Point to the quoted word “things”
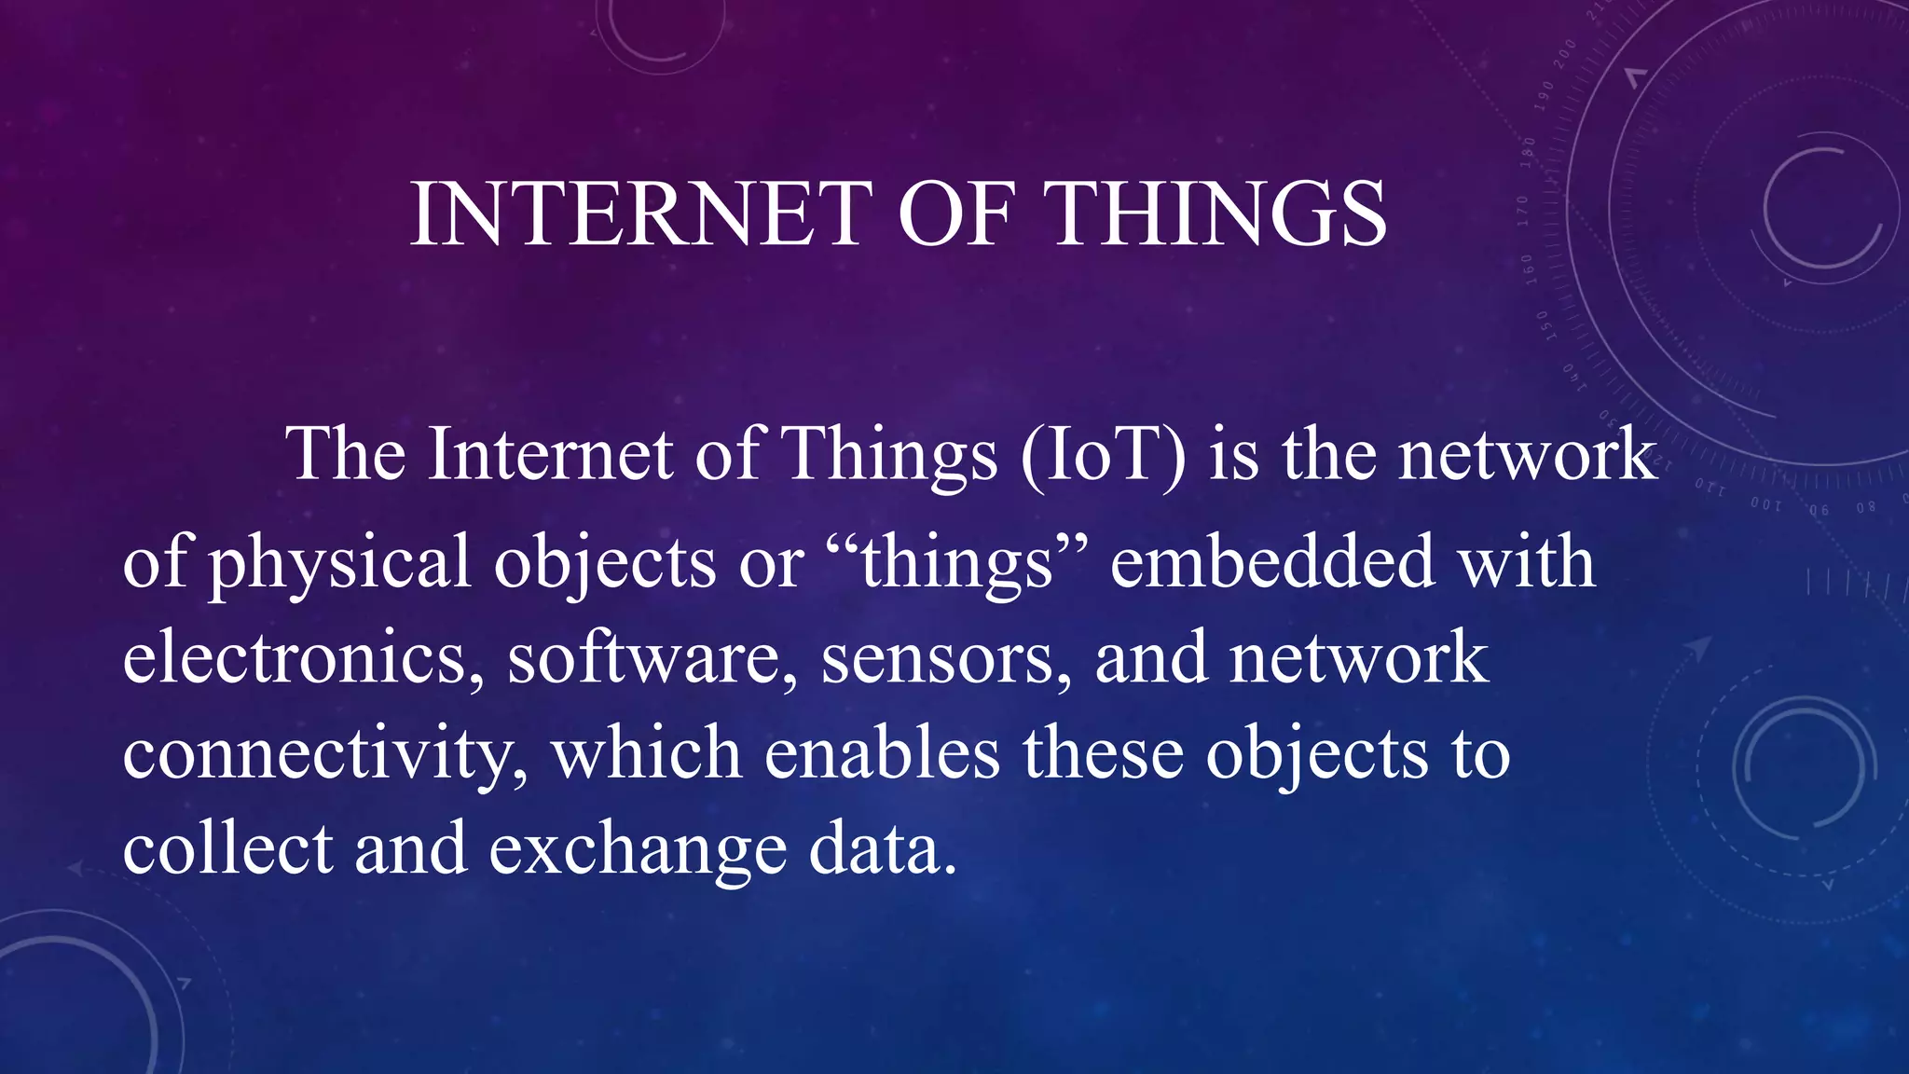(957, 563)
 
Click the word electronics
(303, 658)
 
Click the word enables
(882, 753)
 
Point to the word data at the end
(882, 849)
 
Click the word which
(647, 753)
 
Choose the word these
(1104, 753)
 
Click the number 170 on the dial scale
(1522, 213)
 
